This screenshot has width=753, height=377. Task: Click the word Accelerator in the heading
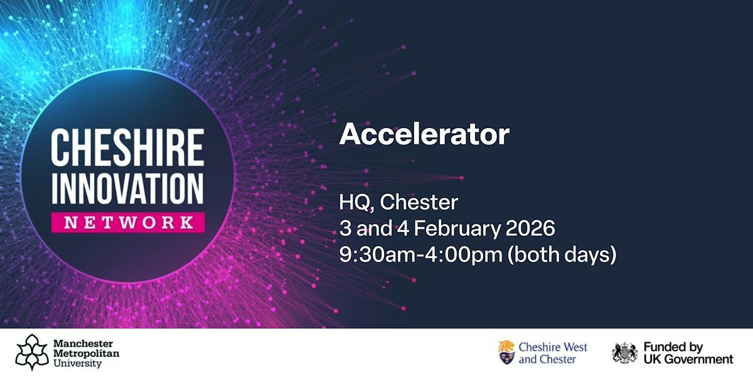(424, 136)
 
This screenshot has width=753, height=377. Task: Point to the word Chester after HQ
(419, 203)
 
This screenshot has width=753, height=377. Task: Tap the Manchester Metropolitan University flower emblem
(31, 352)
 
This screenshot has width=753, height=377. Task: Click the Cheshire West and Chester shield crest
(507, 353)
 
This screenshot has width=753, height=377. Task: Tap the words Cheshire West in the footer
(553, 347)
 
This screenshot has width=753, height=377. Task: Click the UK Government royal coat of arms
(625, 353)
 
